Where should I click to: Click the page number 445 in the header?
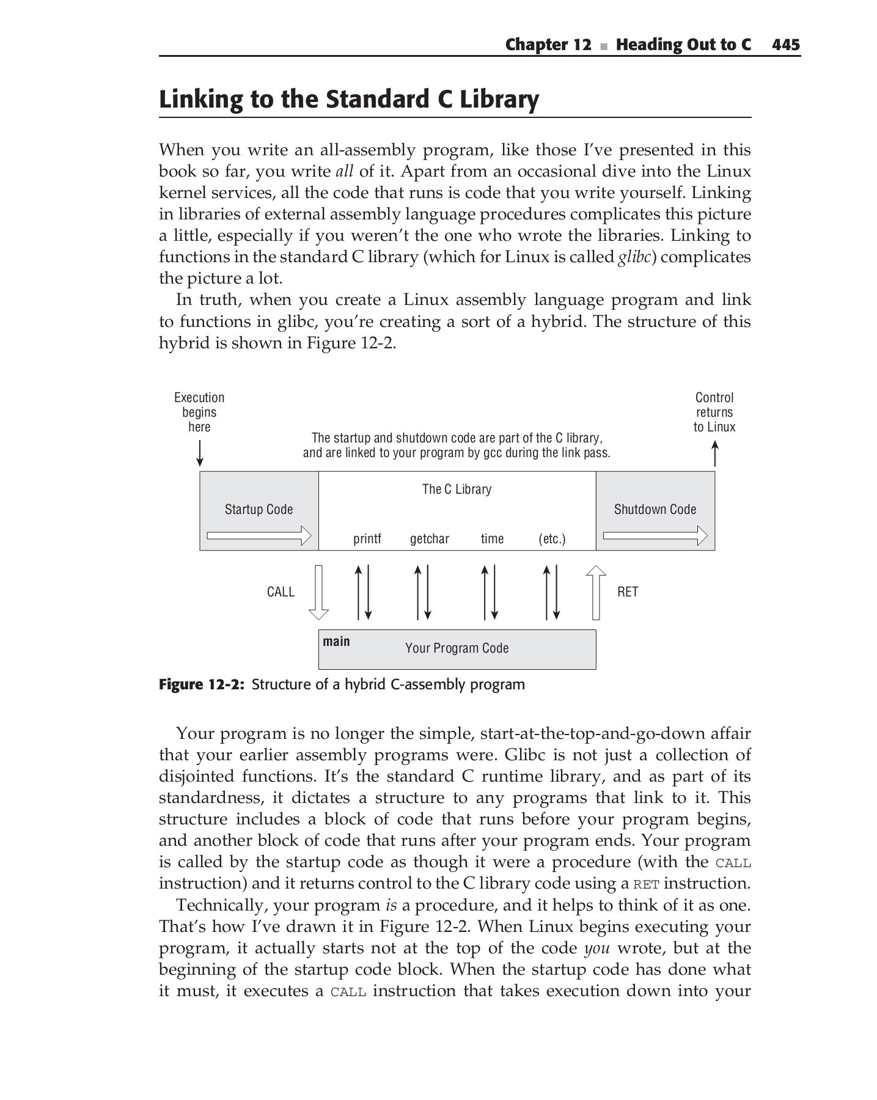785,45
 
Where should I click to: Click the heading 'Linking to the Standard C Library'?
348,100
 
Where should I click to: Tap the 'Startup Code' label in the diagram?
259,510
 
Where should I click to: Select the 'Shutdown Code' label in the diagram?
655,510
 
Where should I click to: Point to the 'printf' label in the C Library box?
367,539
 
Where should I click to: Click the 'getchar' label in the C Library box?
430,539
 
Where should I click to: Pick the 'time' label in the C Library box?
492,539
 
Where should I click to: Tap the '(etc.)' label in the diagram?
552,539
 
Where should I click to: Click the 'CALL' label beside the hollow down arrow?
281,592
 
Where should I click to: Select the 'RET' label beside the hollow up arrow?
628,592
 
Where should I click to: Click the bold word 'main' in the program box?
336,641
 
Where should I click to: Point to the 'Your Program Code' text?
457,648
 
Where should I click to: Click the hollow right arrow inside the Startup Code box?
259,537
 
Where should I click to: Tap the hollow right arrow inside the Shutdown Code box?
655,537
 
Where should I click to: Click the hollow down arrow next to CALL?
318,592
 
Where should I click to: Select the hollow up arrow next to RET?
596,592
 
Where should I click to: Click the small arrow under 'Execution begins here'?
199,454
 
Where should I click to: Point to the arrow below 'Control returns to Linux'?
714,454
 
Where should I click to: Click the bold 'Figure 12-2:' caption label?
201,684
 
